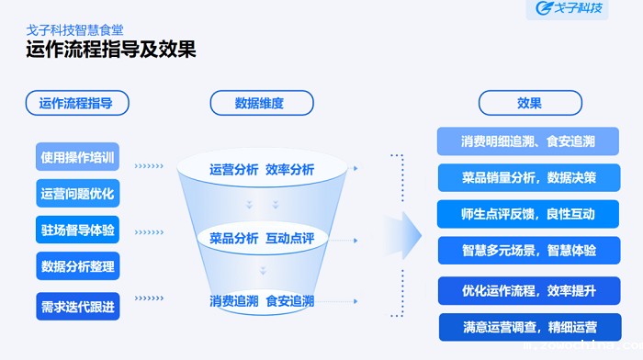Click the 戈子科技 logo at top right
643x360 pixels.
[x=570, y=10]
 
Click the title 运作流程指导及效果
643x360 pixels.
[x=111, y=50]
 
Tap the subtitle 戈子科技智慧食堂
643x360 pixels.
[x=74, y=28]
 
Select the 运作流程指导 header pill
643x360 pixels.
[x=77, y=103]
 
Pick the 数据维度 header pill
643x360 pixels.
[x=261, y=103]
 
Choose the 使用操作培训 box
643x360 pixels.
[x=78, y=157]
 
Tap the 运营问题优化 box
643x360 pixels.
[x=78, y=194]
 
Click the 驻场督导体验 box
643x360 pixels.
[x=78, y=231]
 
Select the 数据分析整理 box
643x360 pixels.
[x=78, y=267]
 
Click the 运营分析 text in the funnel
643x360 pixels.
[x=233, y=170]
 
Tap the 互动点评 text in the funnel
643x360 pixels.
[x=290, y=238]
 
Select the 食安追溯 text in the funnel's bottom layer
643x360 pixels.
[x=290, y=300]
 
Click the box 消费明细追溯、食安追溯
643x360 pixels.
[x=528, y=141]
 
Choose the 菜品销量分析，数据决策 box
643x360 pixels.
[x=528, y=177]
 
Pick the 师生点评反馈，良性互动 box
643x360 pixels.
[x=528, y=214]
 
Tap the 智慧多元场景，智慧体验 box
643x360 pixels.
[x=528, y=250]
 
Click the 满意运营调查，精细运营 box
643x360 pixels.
[x=528, y=326]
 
